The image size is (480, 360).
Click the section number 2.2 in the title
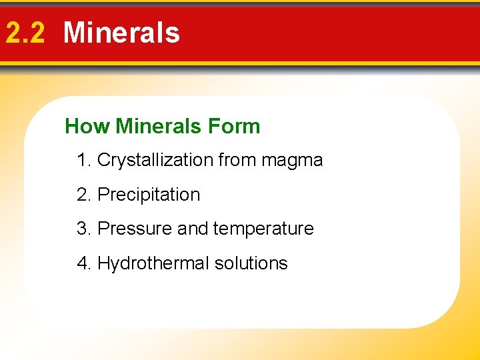coord(25,33)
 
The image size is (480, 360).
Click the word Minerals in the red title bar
coord(121,33)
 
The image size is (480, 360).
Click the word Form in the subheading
coord(234,126)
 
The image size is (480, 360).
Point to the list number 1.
coord(83,160)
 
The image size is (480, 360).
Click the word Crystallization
coord(154,161)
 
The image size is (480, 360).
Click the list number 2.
coord(83,195)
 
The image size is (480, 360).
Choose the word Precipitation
coord(149,195)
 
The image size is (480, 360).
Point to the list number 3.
coord(83,229)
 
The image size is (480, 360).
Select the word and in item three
coord(193,229)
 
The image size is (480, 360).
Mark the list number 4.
coord(83,263)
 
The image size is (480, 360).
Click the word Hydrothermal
coord(153,263)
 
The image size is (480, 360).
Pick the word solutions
coord(251,263)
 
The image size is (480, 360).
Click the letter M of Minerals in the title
coord(75,33)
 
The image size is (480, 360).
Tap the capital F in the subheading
coord(214,126)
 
